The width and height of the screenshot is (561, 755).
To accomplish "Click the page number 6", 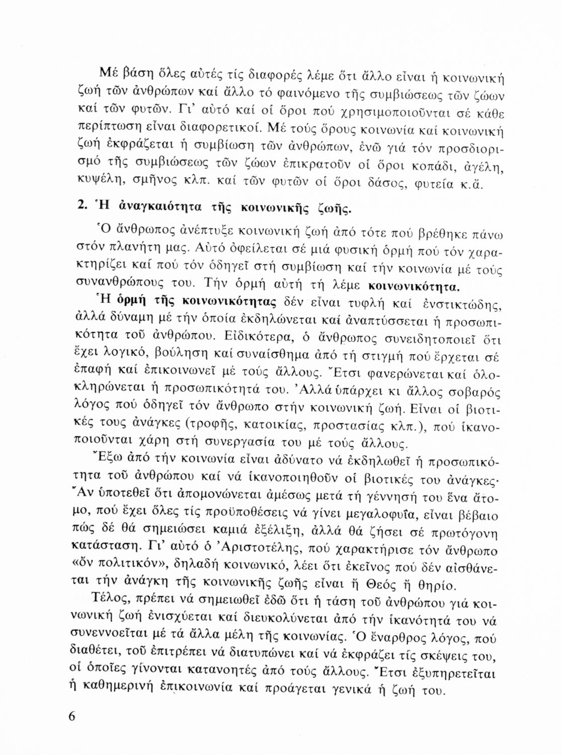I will click(x=71, y=716).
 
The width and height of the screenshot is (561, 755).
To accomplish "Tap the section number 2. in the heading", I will click(x=85, y=206).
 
